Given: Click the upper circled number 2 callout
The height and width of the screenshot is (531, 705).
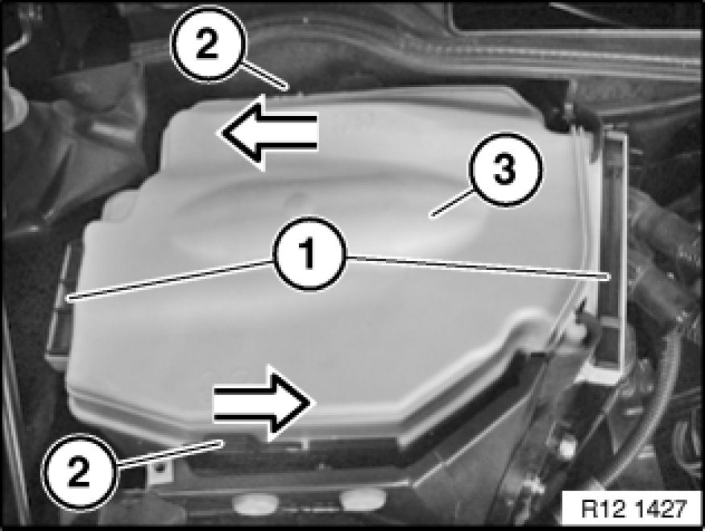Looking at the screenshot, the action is pos(208,44).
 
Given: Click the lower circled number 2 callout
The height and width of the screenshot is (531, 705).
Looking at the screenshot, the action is pos(79,471).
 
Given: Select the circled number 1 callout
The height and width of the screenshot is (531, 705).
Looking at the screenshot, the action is pos(309,254).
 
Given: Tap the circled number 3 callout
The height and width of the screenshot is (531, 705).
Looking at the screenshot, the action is pos(504,169).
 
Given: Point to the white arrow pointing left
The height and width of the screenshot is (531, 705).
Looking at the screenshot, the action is pos(268,133).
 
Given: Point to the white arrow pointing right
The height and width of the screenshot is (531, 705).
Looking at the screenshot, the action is pos(263,402).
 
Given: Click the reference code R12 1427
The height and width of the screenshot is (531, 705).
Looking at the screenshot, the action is pos(633,509).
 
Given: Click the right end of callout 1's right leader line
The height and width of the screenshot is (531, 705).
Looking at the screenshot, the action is pos(609,276).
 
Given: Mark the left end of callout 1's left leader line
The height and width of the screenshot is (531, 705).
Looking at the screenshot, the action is pos(68,298).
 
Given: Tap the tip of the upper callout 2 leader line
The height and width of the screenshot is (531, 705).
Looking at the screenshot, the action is pos(285,86).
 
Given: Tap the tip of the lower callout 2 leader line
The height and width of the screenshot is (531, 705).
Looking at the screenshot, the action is pos(222,443).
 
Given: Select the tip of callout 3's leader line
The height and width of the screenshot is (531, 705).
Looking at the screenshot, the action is pos(431,216).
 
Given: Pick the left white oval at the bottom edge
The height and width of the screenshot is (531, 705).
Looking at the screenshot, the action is pos(255,503).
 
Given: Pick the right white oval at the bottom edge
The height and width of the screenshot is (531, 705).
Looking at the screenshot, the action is pos(363,498).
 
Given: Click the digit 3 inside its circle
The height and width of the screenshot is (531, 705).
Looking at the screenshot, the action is pos(504,170).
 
